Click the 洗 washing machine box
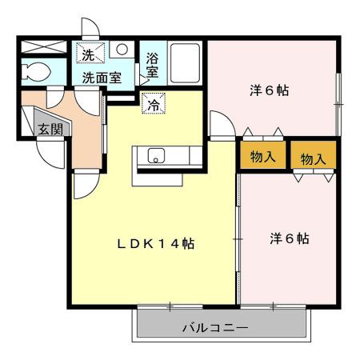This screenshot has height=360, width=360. (x=88, y=54)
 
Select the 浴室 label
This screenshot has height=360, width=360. (x=152, y=65)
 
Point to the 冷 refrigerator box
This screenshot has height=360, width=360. (x=152, y=103)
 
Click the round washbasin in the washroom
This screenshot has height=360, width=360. (x=122, y=50)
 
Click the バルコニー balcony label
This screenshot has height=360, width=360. (x=214, y=327)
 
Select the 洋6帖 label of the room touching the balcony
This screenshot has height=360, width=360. (x=289, y=238)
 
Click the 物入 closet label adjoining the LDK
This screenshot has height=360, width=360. (x=262, y=155)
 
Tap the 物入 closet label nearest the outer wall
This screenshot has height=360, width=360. (x=313, y=158)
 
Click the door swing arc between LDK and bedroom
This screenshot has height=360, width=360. (x=219, y=125)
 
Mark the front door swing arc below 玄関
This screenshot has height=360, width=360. (x=54, y=156)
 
